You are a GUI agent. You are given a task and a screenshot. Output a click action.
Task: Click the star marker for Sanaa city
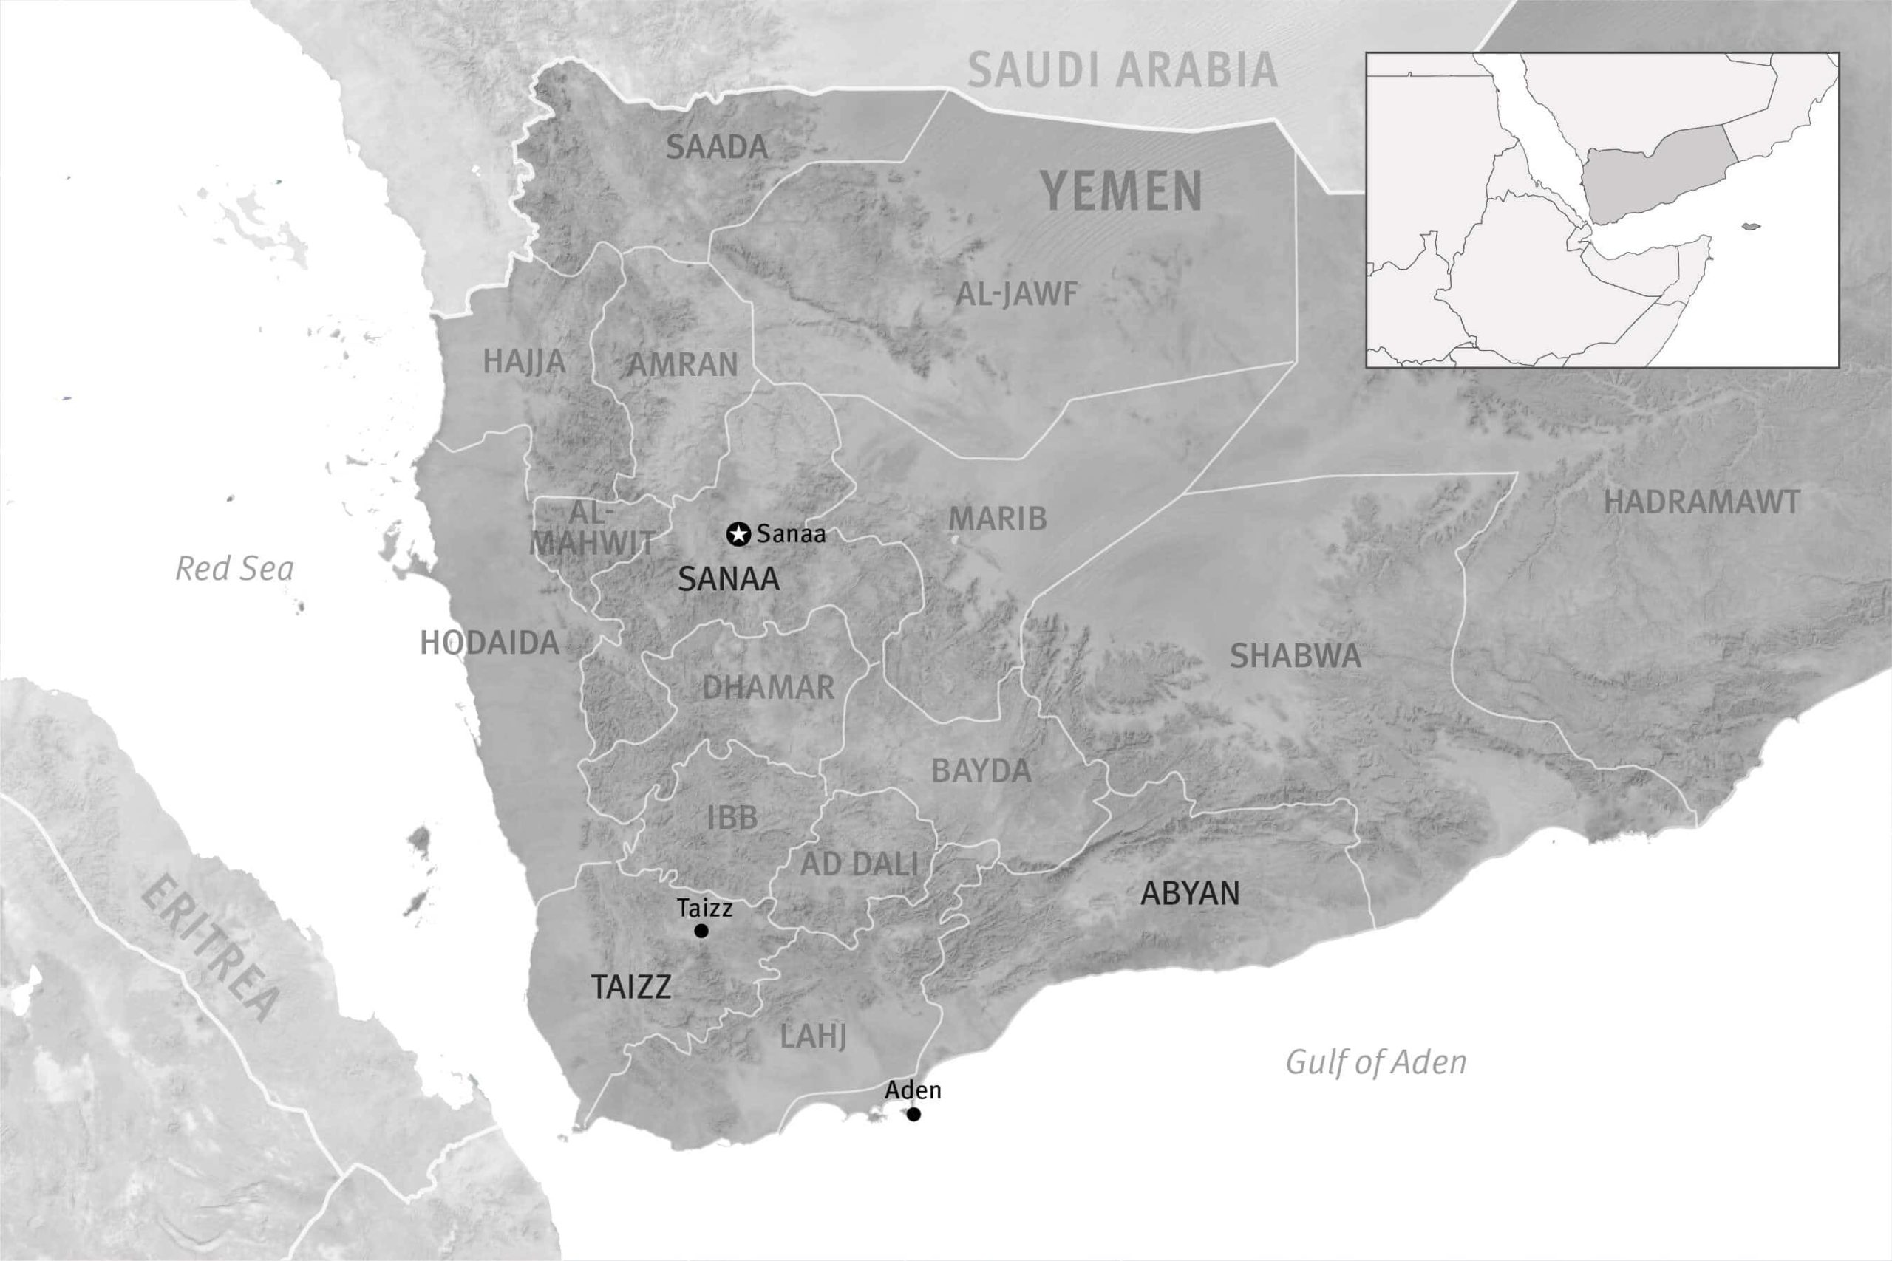click(738, 533)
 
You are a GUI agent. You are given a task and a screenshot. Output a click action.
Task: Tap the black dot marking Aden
click(913, 1114)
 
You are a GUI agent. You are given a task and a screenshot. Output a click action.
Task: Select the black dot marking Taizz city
click(701, 931)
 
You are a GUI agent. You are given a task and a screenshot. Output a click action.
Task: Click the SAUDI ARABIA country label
click(1121, 70)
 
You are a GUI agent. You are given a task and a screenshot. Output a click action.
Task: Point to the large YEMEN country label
click(1121, 191)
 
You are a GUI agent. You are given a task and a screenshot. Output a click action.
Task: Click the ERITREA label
click(211, 950)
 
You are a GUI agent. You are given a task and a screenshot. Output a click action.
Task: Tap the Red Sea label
click(234, 569)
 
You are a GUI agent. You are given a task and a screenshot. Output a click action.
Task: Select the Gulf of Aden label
click(1375, 1062)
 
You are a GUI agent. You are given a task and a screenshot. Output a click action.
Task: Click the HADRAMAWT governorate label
click(1701, 502)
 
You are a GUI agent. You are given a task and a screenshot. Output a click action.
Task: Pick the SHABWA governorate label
click(1295, 656)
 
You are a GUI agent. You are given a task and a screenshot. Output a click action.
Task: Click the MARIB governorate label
click(998, 519)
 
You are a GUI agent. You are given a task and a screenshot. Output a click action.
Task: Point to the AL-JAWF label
click(1016, 294)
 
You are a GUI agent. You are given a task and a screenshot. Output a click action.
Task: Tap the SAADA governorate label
click(717, 147)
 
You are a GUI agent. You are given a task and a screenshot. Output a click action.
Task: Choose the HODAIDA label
click(489, 643)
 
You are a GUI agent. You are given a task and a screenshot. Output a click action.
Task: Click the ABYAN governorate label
click(1190, 893)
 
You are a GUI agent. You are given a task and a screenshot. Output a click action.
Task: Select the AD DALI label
click(859, 864)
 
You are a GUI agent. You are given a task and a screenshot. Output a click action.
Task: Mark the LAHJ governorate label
click(813, 1036)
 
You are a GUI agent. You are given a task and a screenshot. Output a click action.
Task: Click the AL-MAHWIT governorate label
click(591, 528)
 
